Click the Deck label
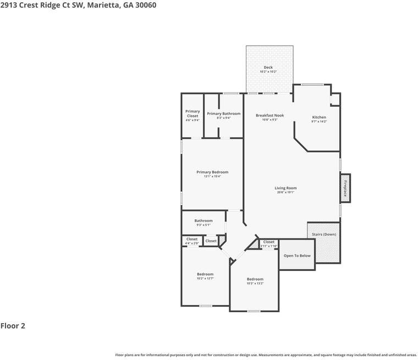point(268,68)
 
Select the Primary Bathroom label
point(223,114)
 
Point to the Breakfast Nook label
point(269,115)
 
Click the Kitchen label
point(319,117)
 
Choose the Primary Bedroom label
point(212,172)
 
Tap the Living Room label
point(285,188)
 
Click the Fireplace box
point(345,188)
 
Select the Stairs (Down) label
point(324,234)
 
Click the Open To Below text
point(297,256)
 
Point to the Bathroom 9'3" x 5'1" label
point(204,221)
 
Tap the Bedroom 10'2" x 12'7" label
point(205,274)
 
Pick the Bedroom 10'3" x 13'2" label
point(255,279)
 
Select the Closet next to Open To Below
point(269,242)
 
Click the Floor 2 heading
point(13,326)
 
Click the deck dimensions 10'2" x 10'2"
point(268,72)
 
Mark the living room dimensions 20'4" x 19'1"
point(285,192)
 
